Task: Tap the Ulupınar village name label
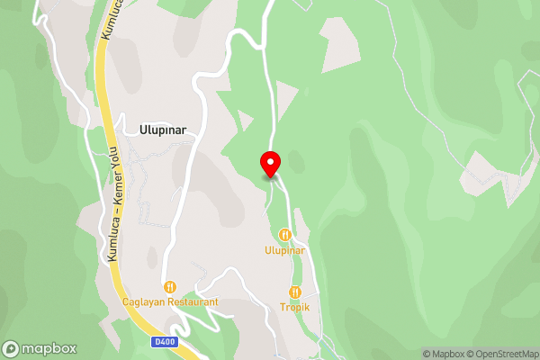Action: point(163,130)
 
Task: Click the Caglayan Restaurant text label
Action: point(170,302)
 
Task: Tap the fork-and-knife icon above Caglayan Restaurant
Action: point(170,287)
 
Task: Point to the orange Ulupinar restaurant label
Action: point(285,249)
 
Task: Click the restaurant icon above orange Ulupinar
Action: point(285,235)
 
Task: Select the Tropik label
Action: point(294,307)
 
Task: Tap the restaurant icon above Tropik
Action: point(294,292)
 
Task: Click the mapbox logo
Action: point(40,349)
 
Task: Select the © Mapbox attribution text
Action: point(443,354)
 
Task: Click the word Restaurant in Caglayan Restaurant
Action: point(191,302)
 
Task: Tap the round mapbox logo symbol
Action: point(12,349)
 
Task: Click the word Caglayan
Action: point(142,302)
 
